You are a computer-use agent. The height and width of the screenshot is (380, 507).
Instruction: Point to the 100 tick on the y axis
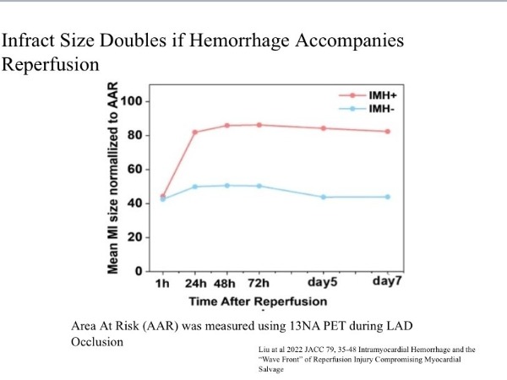click(x=132, y=101)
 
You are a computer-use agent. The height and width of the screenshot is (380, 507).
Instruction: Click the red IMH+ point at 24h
click(x=194, y=132)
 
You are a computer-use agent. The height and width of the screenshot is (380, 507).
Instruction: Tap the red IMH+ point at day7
click(x=388, y=131)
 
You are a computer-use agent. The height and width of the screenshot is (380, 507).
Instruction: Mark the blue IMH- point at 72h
click(x=259, y=186)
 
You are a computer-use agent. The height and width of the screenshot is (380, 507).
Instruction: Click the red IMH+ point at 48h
click(x=227, y=125)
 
